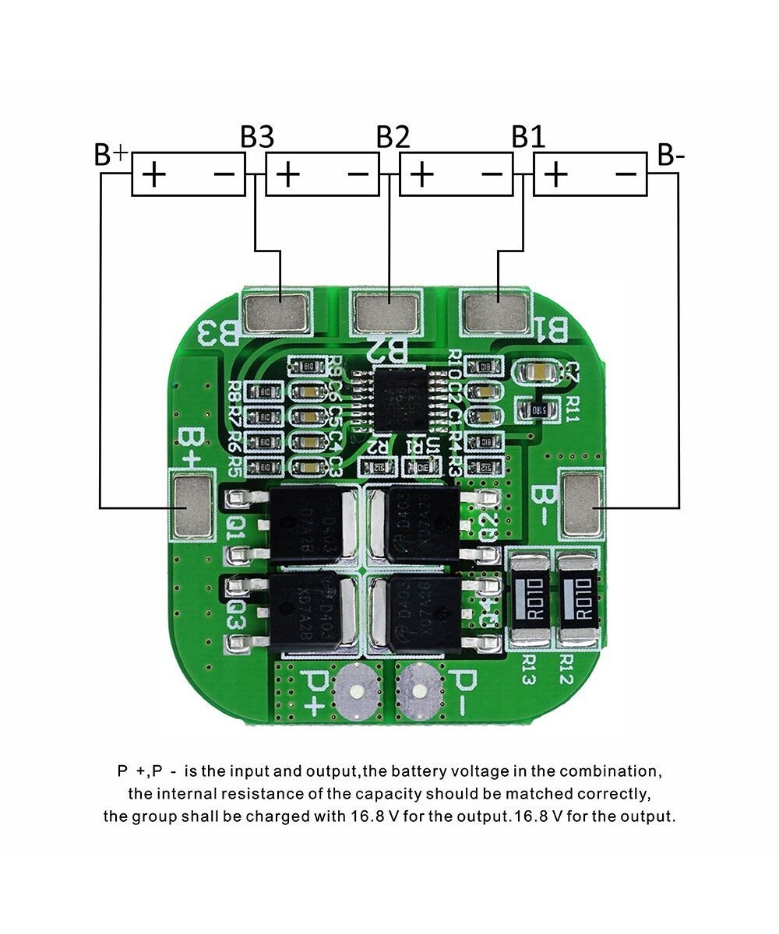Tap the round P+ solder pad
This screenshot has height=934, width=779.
click(355, 690)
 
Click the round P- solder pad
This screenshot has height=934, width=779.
click(418, 690)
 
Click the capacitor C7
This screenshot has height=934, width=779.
click(541, 372)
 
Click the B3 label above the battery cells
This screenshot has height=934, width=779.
click(257, 137)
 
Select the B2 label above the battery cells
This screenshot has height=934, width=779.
click(393, 137)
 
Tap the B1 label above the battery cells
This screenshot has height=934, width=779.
click(528, 137)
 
